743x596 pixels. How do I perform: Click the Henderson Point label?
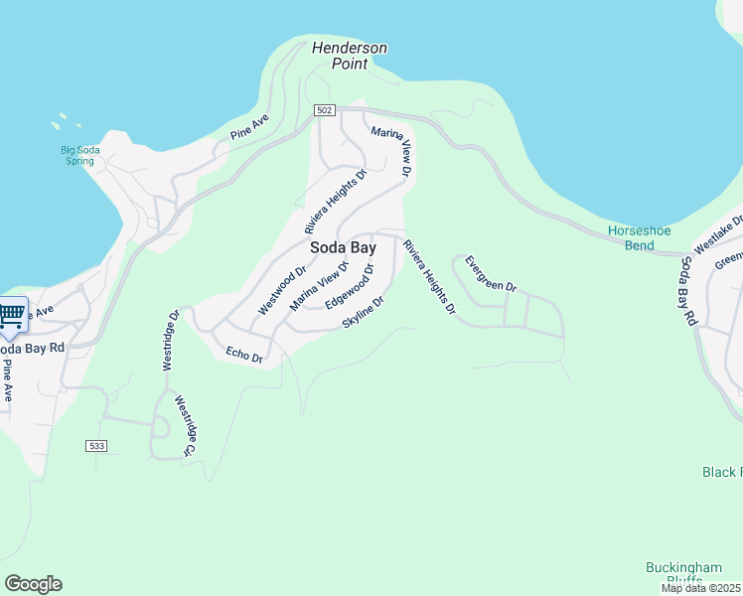point(349,56)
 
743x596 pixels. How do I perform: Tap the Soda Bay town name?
point(343,247)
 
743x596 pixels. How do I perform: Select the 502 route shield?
point(324,110)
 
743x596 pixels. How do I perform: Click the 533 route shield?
point(95,445)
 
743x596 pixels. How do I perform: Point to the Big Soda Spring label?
point(79,155)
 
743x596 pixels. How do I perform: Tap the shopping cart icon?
point(11,316)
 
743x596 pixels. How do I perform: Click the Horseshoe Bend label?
point(639,237)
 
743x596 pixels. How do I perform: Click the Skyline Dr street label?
point(363,312)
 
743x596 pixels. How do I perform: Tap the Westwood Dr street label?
point(282,290)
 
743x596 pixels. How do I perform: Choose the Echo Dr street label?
point(243,355)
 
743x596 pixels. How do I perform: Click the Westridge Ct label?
point(183,426)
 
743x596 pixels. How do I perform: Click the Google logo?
point(33,584)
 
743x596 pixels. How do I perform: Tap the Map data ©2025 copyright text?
point(700,588)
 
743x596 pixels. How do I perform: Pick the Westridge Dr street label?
point(172,340)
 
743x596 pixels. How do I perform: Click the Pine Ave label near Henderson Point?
point(249,126)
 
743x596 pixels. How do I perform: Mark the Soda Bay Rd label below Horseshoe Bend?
point(685,291)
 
